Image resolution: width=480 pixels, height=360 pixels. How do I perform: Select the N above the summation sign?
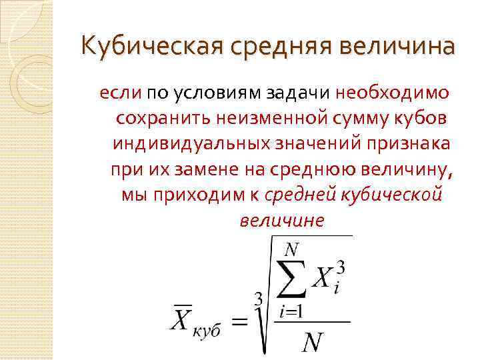click(290, 250)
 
